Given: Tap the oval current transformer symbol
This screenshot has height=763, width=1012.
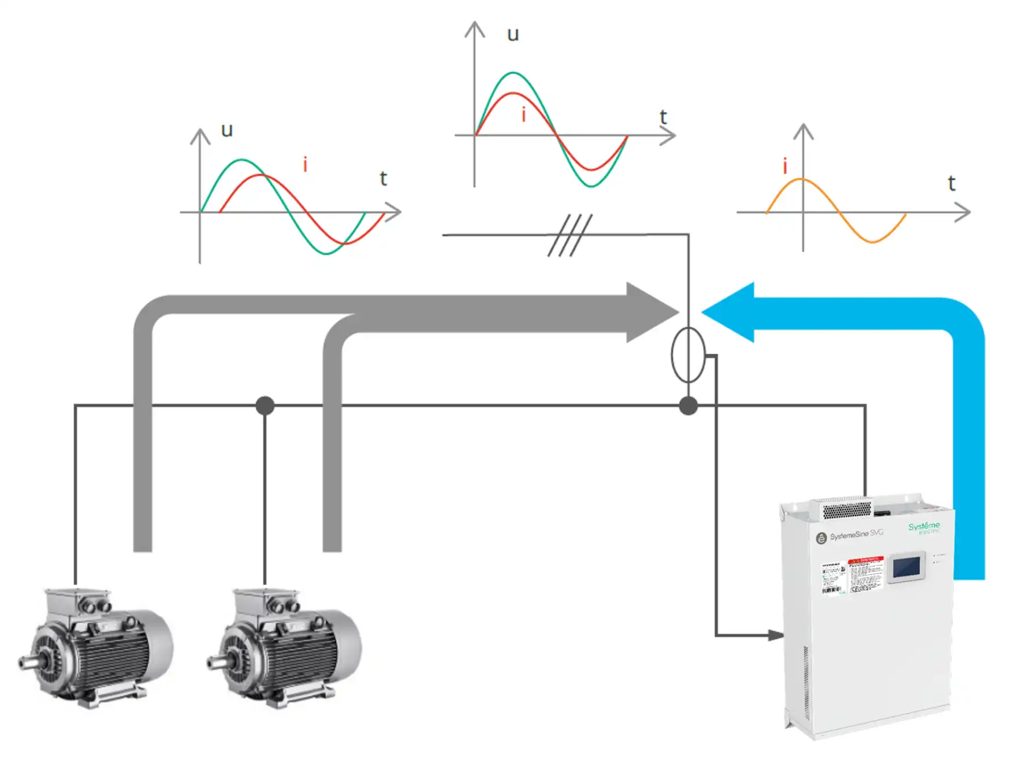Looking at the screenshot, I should point(688,355).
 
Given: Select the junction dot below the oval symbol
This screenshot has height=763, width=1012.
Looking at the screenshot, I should point(688,406).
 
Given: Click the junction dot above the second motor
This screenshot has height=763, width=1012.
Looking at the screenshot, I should point(265,405).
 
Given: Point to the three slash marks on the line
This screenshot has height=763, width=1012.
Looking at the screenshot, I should point(570,235).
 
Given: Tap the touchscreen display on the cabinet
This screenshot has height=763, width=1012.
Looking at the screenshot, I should point(906,567).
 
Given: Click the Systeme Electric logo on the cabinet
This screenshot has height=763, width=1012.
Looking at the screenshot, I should point(924,527).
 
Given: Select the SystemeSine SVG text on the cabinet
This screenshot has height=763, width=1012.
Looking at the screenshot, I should point(856,534).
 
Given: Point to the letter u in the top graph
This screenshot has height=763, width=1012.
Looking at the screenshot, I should point(512,35).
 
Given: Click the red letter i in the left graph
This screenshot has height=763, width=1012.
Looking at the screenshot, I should point(305,165).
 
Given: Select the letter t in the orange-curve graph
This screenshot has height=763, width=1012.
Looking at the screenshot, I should point(951,184).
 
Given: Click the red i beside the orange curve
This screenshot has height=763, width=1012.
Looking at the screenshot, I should point(784,166).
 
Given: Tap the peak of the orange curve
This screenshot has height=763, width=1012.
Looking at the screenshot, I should point(803,180).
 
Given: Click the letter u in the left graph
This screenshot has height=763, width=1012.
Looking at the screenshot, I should point(227,130).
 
